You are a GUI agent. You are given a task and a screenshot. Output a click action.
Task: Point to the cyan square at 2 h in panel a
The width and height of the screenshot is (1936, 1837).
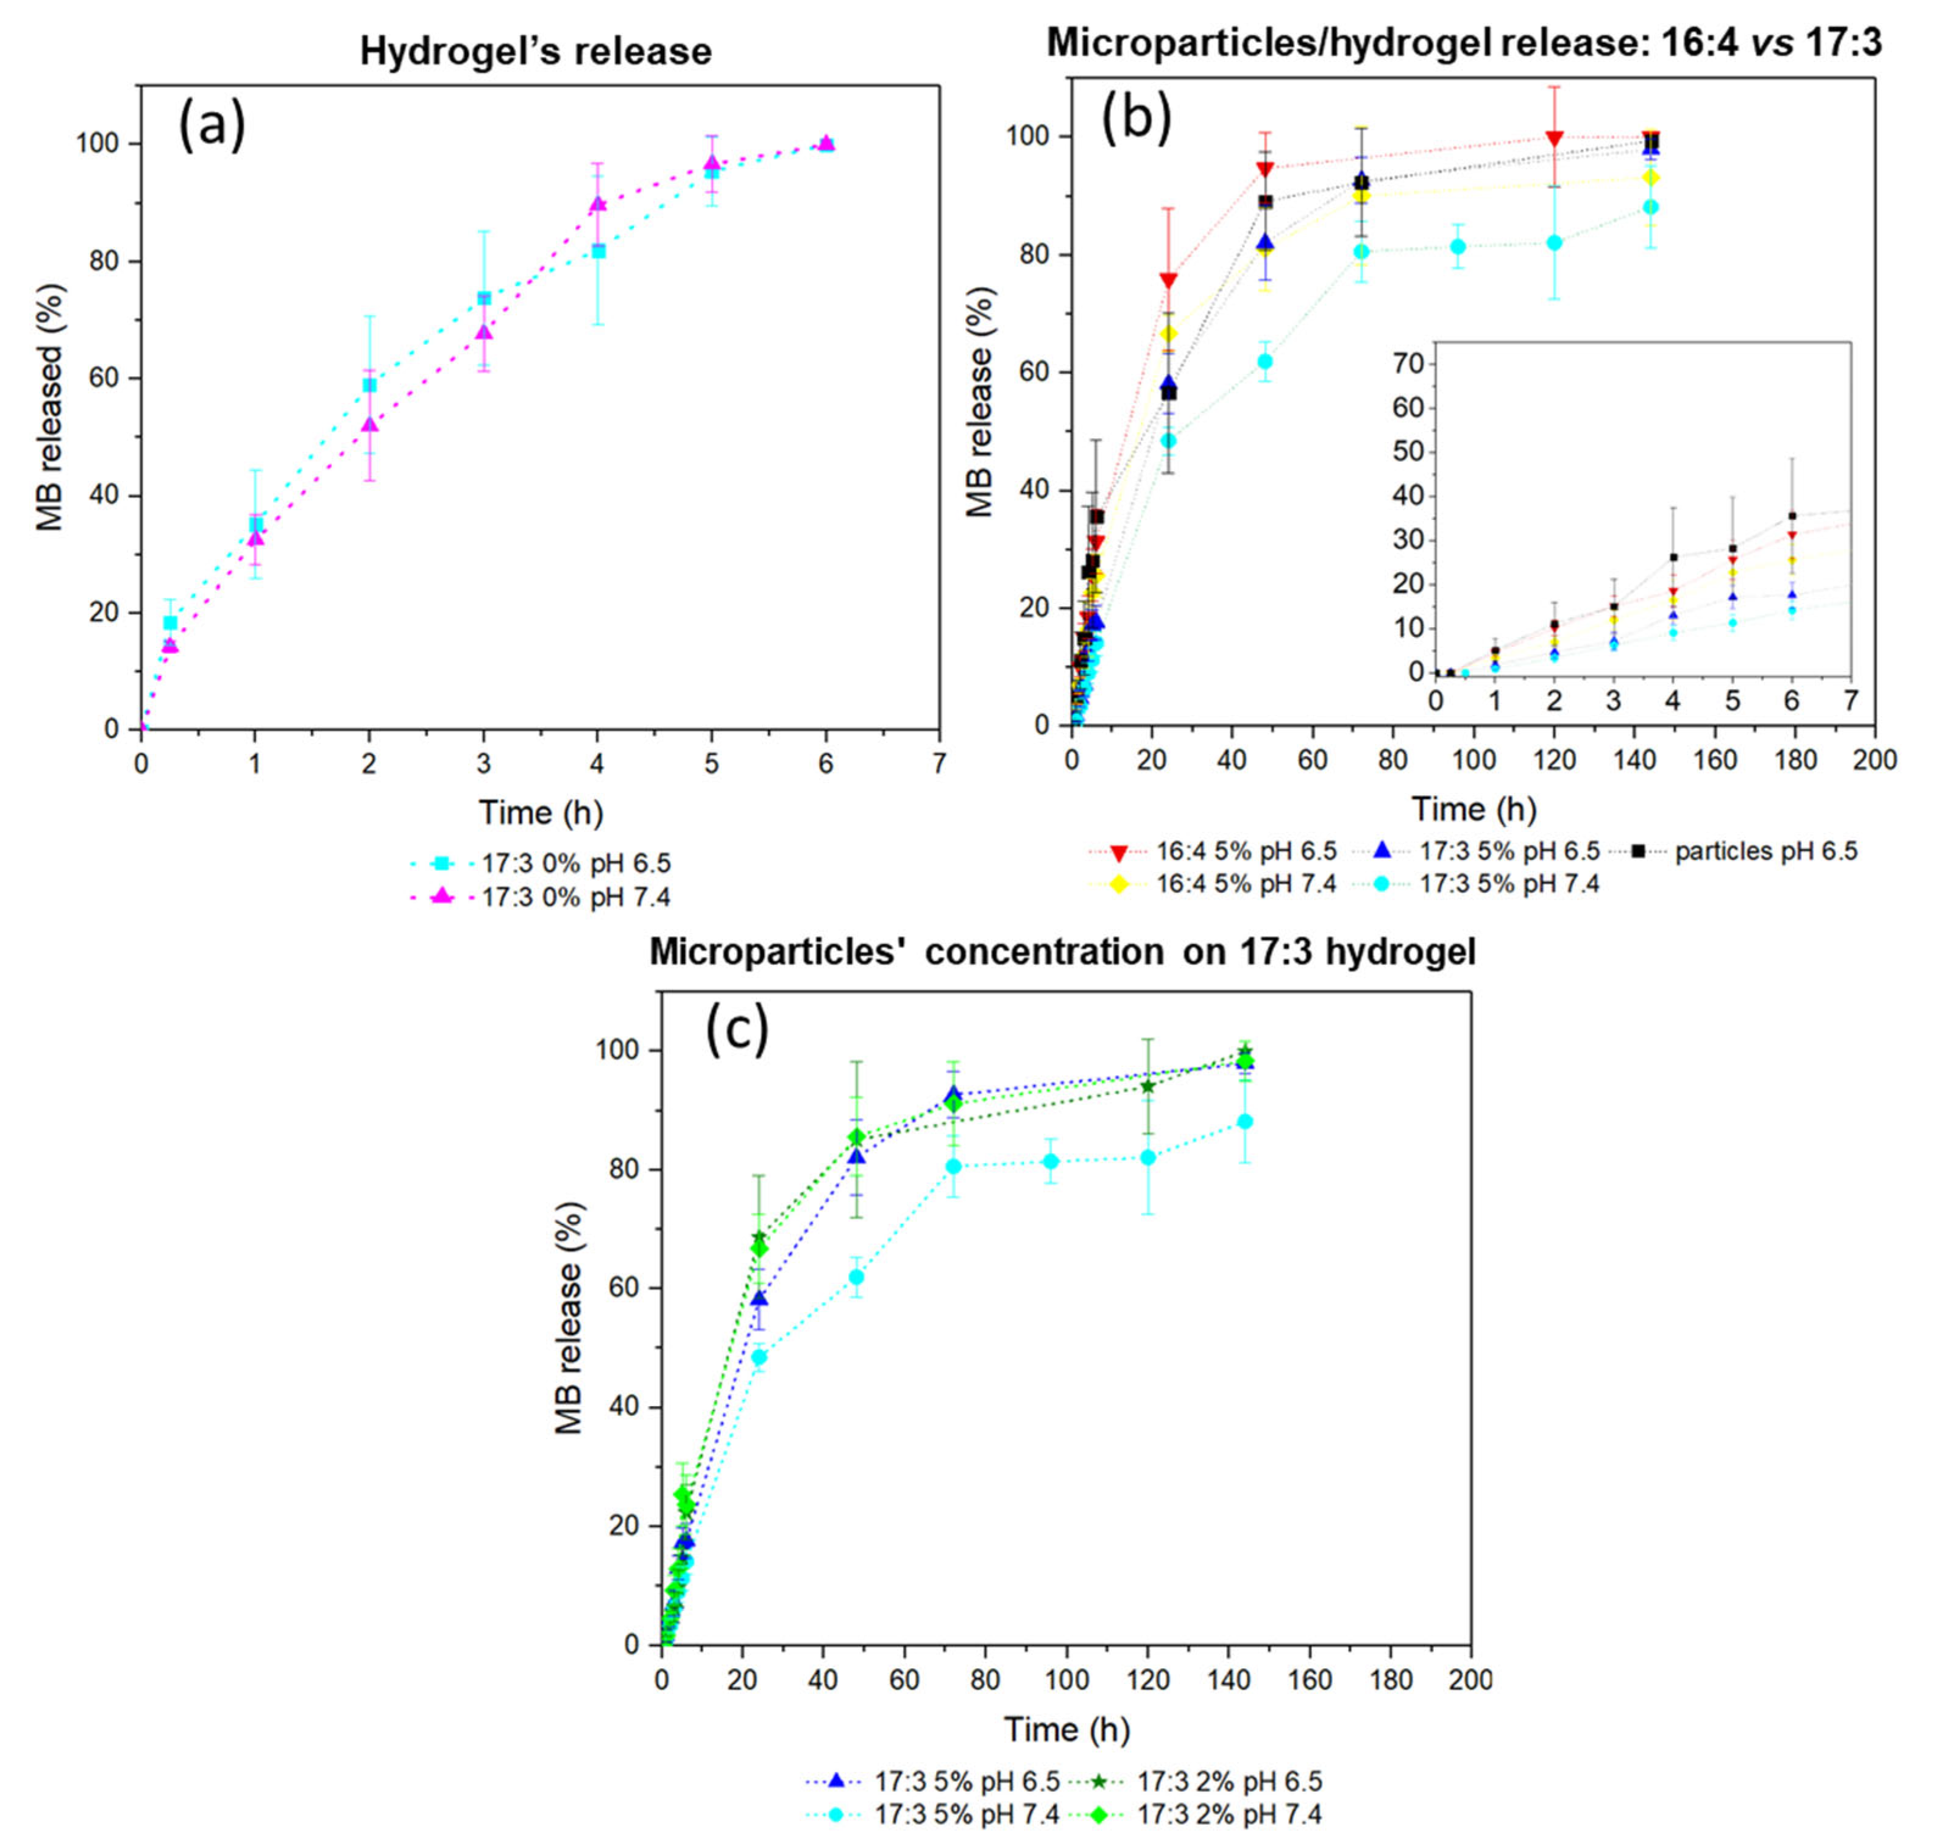click(369, 385)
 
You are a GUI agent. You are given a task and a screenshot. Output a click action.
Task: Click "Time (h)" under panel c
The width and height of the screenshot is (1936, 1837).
click(1066, 1729)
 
